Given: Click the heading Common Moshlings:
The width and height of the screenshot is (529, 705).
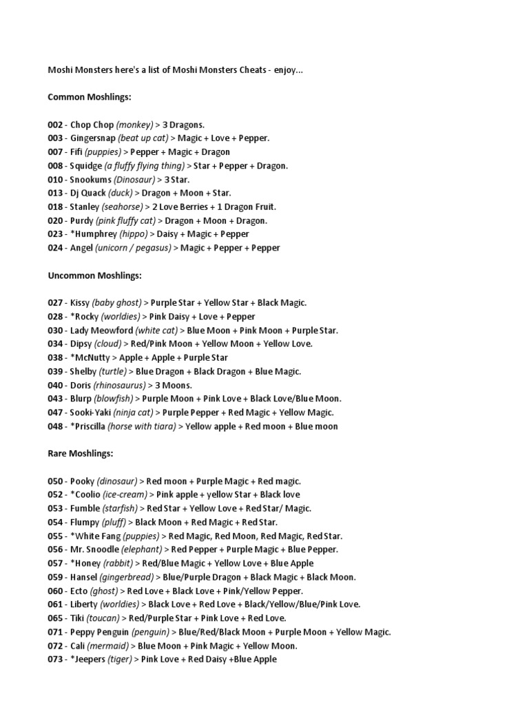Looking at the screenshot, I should [x=89, y=97].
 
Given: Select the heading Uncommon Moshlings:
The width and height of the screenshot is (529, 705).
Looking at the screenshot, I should [x=94, y=275].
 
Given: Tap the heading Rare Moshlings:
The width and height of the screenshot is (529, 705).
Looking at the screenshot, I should [x=80, y=454].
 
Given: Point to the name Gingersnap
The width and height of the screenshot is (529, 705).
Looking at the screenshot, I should [x=92, y=138].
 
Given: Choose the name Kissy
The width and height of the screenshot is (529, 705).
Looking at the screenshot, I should [x=79, y=303].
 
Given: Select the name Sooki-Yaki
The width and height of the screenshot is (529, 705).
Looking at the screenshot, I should [x=92, y=412].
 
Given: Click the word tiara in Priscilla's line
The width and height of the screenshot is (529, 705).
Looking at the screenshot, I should [x=165, y=426].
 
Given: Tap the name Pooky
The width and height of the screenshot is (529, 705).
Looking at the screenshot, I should [x=82, y=481].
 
